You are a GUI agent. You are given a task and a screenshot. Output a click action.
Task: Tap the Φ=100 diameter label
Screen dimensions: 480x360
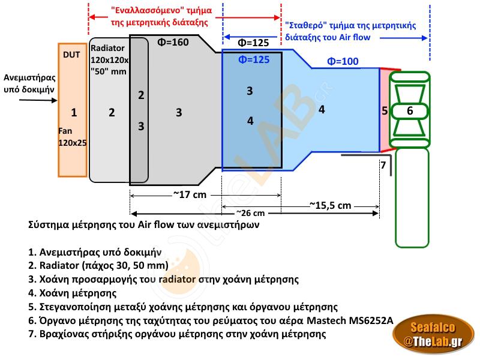(x=343, y=61)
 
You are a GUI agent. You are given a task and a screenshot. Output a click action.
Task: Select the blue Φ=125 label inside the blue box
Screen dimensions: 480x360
(x=254, y=59)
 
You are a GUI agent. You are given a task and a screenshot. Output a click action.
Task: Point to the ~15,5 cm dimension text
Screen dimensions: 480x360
(x=330, y=205)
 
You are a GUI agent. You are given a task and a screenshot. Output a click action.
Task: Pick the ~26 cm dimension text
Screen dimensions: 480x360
(x=250, y=213)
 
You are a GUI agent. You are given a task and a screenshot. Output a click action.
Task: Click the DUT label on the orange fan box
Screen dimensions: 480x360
(x=71, y=55)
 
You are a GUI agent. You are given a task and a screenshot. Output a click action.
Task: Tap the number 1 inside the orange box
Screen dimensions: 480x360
(x=74, y=112)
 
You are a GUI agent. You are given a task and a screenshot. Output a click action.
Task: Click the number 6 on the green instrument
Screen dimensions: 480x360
(x=410, y=110)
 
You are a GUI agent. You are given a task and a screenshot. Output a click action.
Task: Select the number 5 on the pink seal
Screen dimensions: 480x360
(x=384, y=110)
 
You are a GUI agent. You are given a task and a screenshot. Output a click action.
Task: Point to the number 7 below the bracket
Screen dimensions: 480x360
(x=383, y=164)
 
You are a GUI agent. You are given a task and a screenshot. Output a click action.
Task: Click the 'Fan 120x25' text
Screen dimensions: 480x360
(x=72, y=137)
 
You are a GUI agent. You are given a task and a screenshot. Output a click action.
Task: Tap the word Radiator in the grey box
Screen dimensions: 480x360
(x=108, y=49)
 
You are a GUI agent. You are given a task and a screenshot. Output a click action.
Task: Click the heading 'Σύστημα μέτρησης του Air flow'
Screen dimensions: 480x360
(x=144, y=225)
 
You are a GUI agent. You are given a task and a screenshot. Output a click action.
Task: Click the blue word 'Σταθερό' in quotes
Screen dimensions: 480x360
(x=306, y=26)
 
